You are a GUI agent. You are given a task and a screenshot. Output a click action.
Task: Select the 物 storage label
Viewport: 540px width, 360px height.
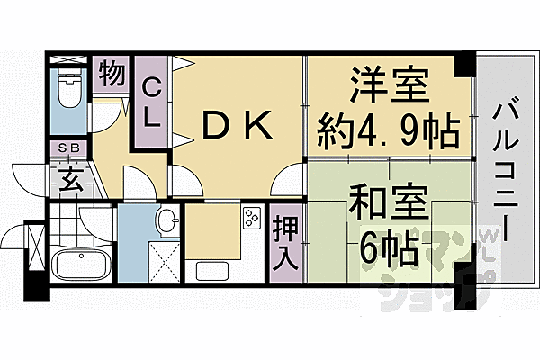112,74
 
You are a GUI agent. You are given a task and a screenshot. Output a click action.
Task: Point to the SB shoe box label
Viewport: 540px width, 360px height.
68,149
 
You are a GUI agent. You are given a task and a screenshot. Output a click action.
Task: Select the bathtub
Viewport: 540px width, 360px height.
80,266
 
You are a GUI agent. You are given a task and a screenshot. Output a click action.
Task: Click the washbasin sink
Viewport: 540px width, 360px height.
166,220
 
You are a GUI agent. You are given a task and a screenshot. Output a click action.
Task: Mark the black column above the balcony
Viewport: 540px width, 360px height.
465,65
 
